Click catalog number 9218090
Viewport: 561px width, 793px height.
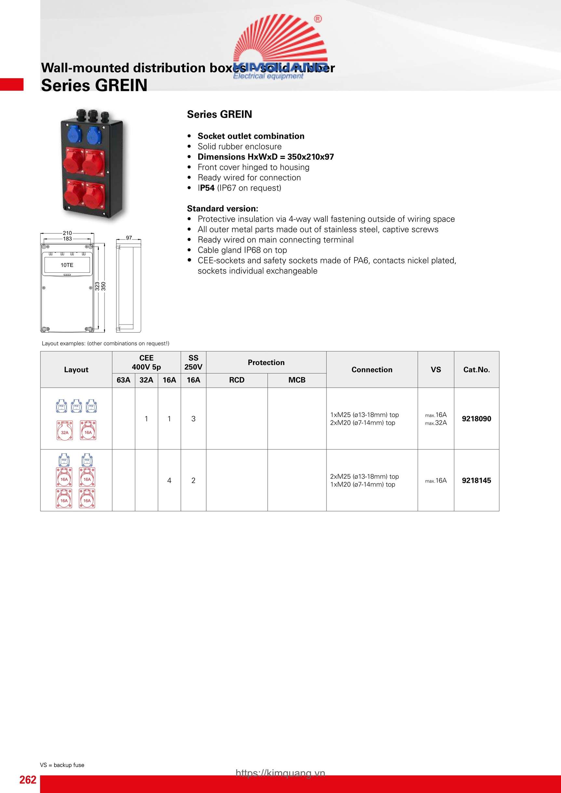(476, 419)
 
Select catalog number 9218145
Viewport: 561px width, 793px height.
(476, 480)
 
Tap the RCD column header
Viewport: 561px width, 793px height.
(236, 380)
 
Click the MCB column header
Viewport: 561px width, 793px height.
(297, 380)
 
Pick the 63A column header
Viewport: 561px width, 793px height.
(123, 380)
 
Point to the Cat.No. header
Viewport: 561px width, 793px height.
(476, 370)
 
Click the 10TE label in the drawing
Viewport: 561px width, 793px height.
(67, 265)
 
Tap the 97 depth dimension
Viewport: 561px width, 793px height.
(129, 238)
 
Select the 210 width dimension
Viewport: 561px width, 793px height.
(67, 233)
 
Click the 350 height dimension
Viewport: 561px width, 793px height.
(103, 286)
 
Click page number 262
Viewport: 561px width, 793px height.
(28, 780)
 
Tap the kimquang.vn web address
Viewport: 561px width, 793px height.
(280, 773)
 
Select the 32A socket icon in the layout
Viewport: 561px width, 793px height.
(65, 431)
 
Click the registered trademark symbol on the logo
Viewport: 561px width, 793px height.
(318, 19)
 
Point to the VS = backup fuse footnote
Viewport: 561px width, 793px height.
(62, 765)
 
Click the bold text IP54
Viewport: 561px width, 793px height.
(207, 188)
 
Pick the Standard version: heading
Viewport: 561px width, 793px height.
(222, 209)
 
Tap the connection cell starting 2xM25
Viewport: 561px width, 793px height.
(364, 480)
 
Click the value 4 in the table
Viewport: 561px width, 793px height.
(169, 480)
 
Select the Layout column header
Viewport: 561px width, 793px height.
(76, 370)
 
